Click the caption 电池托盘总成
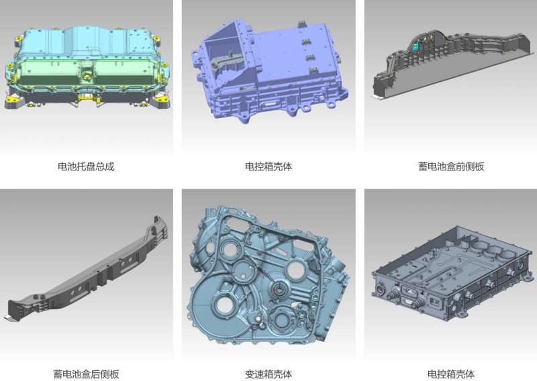click(86, 167)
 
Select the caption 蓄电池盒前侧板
click(451, 167)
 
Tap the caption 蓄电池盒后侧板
click(86, 374)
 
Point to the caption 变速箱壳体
click(268, 374)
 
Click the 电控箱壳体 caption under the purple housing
click(268, 167)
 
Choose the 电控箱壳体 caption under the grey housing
click(451, 374)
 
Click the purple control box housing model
click(269, 70)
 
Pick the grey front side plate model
click(452, 65)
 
